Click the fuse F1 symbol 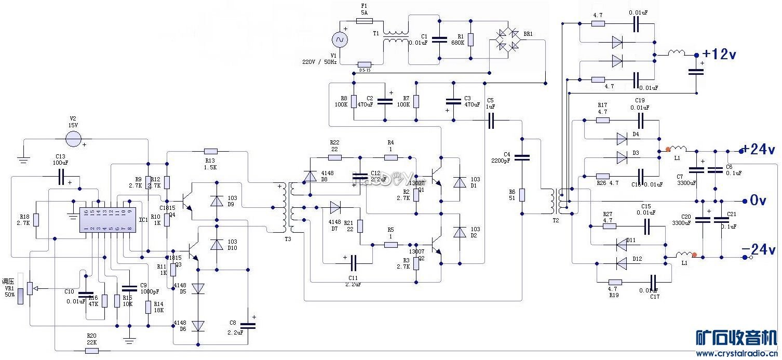pos(363,21)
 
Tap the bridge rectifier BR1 pos(507,40)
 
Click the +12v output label pos(720,54)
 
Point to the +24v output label pos(759,150)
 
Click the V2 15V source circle pos(74,138)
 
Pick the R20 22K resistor pos(92,351)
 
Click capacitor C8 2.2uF pos(248,325)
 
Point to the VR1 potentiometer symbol pos(30,287)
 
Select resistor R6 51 pos(522,195)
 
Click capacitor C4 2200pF pos(522,157)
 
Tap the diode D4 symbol pos(622,138)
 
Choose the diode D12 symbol pos(621,263)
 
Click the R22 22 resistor pos(334,157)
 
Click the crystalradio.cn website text pos(738,354)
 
